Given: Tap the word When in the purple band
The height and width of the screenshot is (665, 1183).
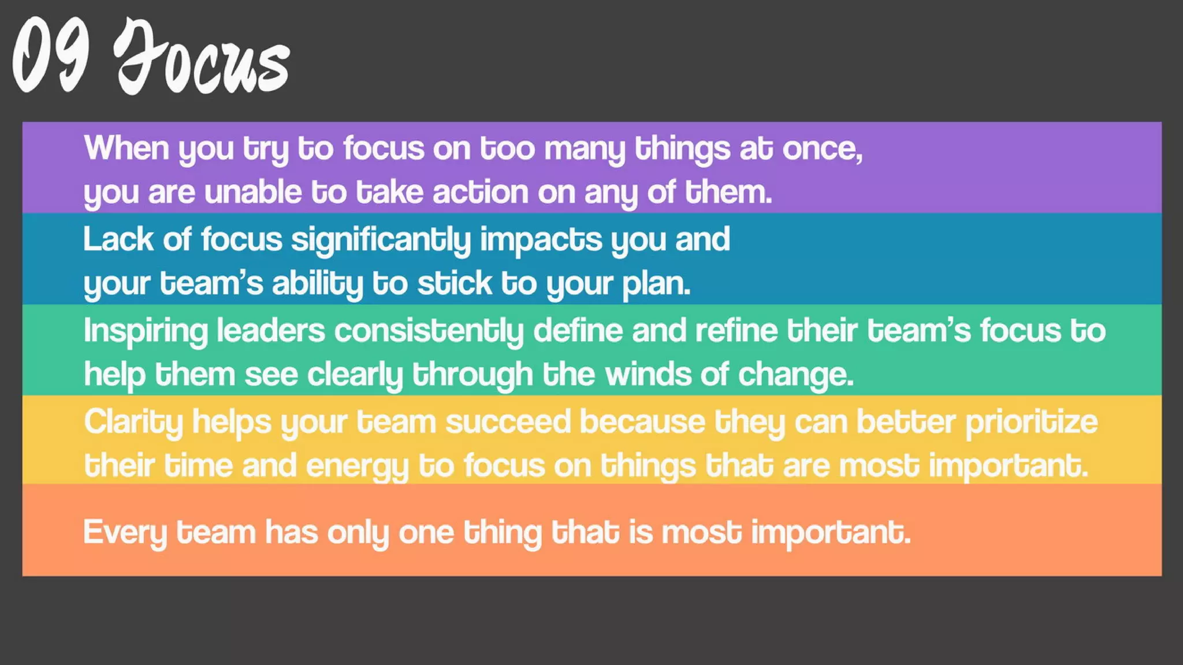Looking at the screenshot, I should coord(127,148).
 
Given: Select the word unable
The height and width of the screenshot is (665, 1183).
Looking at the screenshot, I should coord(253,192).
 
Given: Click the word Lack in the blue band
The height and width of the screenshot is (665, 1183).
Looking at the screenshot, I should coord(118,239).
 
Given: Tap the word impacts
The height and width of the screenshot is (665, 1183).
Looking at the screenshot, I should coord(541,240).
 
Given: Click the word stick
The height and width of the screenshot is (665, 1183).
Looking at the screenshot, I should coord(455,283).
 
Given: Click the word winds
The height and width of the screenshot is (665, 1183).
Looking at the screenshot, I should coord(648,375).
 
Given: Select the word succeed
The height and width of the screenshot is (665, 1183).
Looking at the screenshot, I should coord(508,422).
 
